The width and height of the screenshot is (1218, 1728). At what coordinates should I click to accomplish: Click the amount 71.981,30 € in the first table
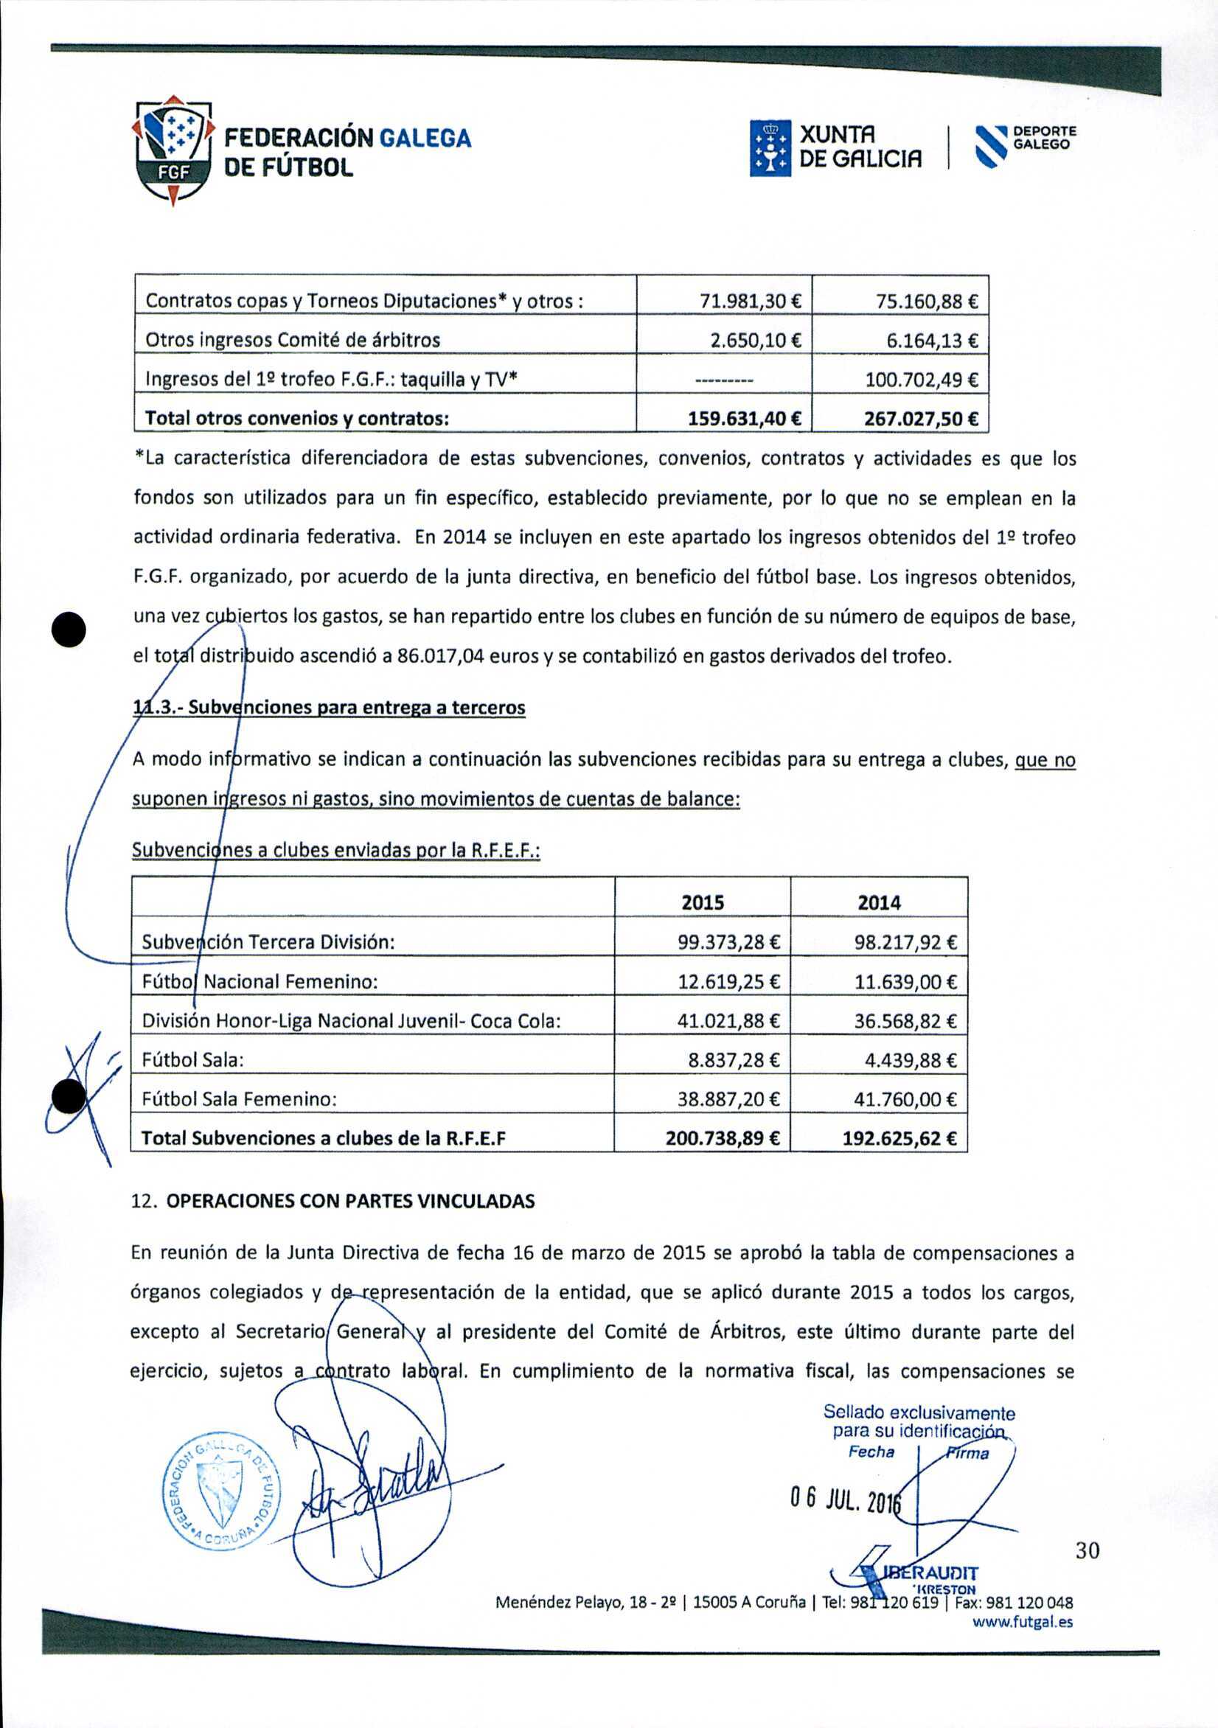pos(751,301)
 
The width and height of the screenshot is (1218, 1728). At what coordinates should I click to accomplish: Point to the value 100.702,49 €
pos(922,380)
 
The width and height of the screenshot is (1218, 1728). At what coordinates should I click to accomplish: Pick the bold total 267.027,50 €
pos(921,419)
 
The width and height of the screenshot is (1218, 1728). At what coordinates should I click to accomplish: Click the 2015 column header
pos(703,902)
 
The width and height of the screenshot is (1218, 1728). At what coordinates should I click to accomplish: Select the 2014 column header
pos(879,902)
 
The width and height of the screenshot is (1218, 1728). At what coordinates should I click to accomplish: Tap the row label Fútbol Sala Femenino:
pos(240,1099)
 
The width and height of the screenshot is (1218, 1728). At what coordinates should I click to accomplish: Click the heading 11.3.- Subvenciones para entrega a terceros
pos(329,708)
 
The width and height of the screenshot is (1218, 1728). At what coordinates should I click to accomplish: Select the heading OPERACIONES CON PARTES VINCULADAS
pos(350,1201)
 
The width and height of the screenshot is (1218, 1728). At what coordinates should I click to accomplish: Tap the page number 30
pos(1087,1550)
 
